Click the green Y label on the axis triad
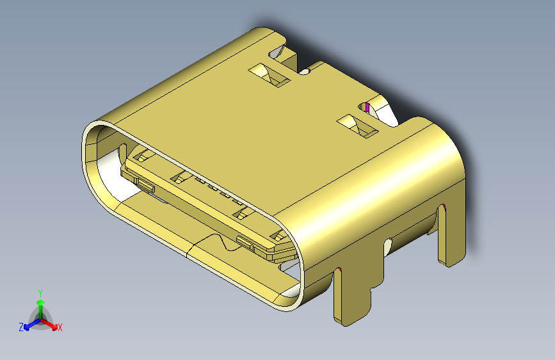tap(40, 292)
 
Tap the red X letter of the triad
tap(60, 328)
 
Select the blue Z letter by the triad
tap(20, 327)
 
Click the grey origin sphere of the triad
tap(40, 317)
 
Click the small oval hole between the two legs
tap(389, 244)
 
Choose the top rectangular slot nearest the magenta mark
tap(358, 126)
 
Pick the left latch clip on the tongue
tap(145, 186)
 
